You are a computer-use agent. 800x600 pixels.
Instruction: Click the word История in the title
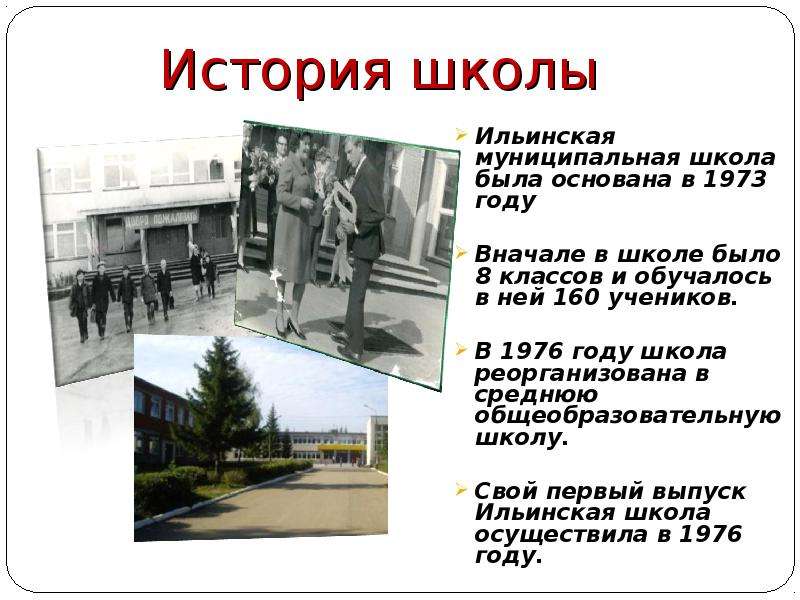(x=277, y=70)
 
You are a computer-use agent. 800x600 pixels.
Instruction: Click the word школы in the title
(x=505, y=74)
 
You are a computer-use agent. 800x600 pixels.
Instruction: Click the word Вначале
(x=530, y=254)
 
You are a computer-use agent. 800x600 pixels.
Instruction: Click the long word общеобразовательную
(x=628, y=416)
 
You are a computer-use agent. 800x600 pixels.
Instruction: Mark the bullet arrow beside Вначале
(x=461, y=252)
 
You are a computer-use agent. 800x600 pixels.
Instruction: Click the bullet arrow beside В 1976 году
(x=461, y=350)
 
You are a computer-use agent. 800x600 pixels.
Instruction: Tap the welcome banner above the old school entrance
(x=161, y=219)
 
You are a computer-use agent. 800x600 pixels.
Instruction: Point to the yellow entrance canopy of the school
(x=342, y=447)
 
